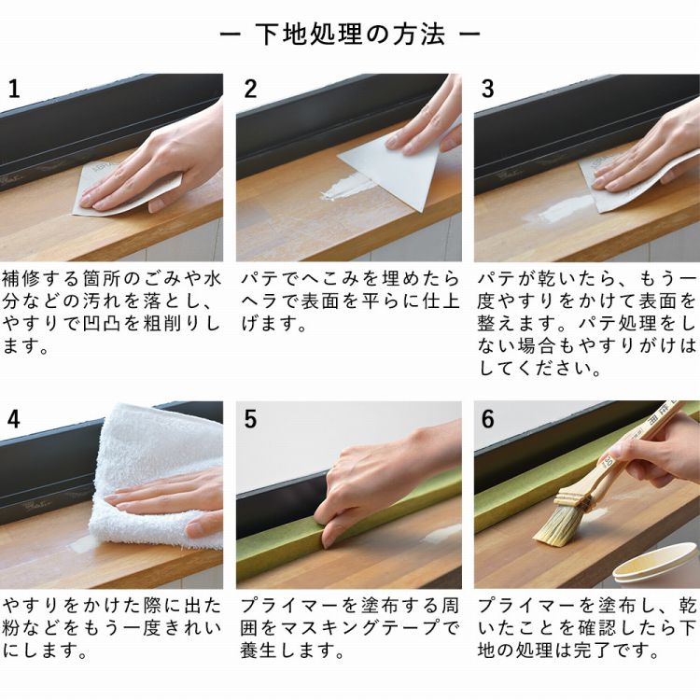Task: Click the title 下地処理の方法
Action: tap(350, 34)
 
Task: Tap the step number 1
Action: tap(14, 89)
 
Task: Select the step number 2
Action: tap(250, 89)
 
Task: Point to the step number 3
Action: tap(487, 89)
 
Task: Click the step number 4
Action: tap(14, 419)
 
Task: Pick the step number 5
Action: tap(250, 419)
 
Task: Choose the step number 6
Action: tap(487, 419)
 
